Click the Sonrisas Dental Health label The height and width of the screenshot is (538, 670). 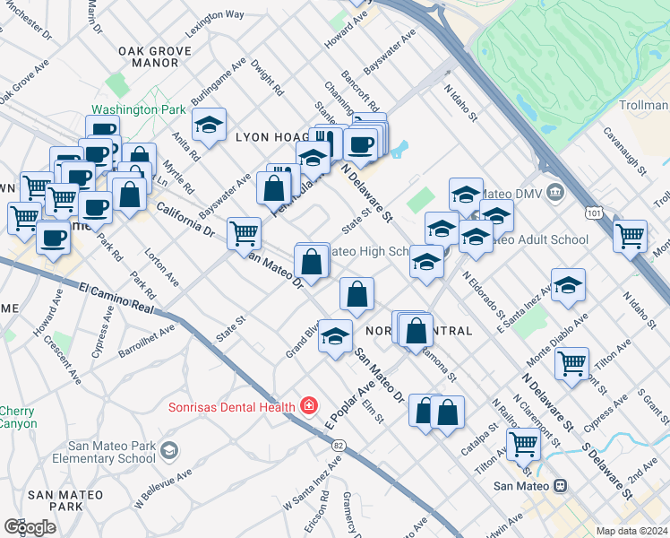[232, 407]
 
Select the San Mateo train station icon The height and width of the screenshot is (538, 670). [560, 486]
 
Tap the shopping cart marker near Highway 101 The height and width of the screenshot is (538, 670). [631, 236]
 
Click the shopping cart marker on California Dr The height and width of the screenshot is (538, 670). [244, 233]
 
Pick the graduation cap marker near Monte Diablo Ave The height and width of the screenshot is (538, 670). [568, 284]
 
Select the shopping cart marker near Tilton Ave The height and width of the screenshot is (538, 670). [571, 363]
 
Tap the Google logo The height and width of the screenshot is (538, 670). [30, 527]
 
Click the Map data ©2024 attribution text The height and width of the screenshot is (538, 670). [631, 531]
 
